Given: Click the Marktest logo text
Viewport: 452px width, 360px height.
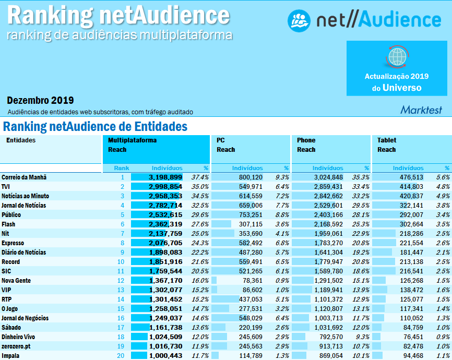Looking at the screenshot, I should [x=421, y=110].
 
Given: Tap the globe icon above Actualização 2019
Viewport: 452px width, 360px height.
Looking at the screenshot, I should [x=397, y=56].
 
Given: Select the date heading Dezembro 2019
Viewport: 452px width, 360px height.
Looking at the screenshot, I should [x=40, y=100].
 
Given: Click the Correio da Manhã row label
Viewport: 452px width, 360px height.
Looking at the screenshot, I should [x=24, y=177].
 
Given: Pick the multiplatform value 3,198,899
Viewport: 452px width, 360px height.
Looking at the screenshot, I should [x=165, y=177].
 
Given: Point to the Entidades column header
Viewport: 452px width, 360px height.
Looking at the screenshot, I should [x=21, y=140].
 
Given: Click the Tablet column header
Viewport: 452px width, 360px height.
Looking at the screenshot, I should [x=387, y=140].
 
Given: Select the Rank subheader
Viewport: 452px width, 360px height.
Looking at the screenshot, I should [x=122, y=168].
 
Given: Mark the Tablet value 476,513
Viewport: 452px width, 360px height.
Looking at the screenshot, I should [x=410, y=177].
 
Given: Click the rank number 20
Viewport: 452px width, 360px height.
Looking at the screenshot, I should [x=121, y=356].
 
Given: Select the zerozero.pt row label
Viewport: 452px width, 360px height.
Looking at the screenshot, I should [x=16, y=346].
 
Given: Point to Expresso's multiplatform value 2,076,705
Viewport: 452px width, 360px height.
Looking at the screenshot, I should [x=165, y=243].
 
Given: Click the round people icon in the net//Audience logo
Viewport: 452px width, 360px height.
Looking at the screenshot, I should [x=300, y=20].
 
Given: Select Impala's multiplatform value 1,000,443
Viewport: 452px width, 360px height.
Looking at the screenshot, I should [x=165, y=356].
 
